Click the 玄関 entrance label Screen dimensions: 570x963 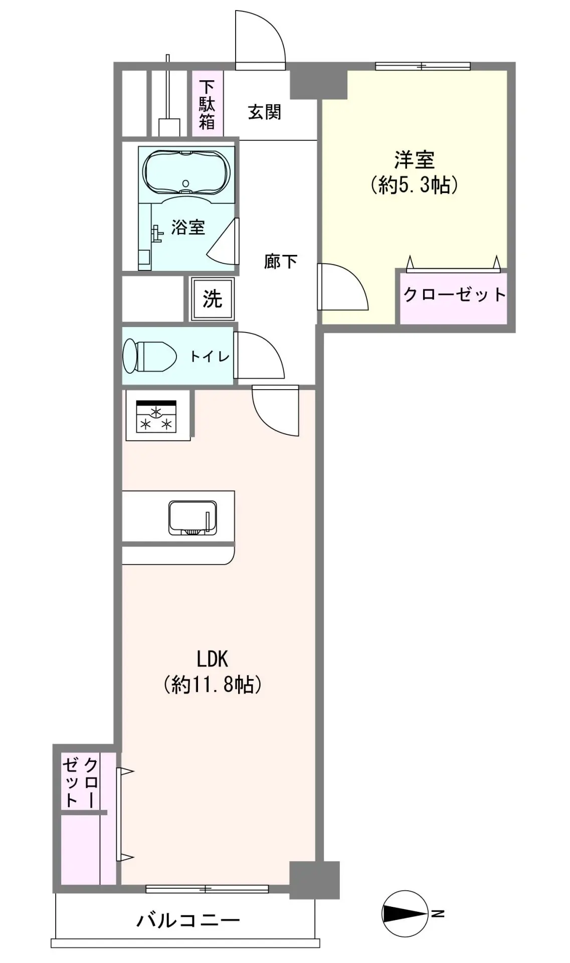pyautogui.click(x=264, y=112)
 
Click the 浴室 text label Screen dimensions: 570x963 pyautogui.click(x=188, y=227)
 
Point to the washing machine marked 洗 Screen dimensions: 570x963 pyautogui.click(x=212, y=299)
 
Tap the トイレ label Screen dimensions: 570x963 pyautogui.click(x=210, y=356)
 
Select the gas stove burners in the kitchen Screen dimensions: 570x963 pyautogui.click(x=156, y=416)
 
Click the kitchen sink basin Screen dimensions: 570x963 pyautogui.click(x=192, y=518)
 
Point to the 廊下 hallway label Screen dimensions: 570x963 pyautogui.click(x=281, y=261)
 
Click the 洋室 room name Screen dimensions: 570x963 pyautogui.click(x=414, y=160)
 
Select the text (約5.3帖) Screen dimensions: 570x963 pyautogui.click(x=414, y=186)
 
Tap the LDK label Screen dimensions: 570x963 pyautogui.click(x=213, y=659)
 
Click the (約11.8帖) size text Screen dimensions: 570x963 pyautogui.click(x=213, y=684)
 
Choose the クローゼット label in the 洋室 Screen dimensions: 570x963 pyautogui.click(x=454, y=294)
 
